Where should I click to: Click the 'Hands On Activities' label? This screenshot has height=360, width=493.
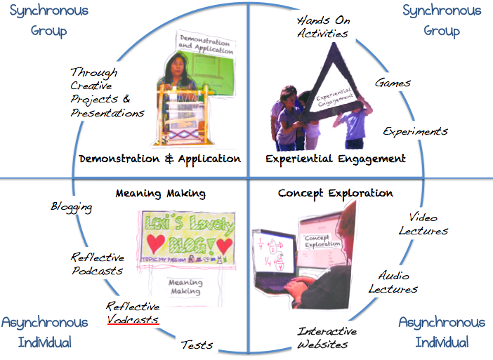point(322,26)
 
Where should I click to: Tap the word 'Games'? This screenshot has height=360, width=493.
point(393,83)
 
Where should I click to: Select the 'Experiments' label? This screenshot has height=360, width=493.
point(415,131)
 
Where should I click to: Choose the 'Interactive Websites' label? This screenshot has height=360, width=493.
point(327,338)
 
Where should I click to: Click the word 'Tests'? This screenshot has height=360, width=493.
point(197,345)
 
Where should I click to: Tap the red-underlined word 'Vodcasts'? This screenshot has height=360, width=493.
point(133,319)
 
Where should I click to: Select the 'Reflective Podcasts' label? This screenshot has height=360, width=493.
point(97,264)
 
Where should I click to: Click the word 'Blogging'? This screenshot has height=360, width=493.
point(71,207)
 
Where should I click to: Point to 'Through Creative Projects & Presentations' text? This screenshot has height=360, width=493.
point(107,92)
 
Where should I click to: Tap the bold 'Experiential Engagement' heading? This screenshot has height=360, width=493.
point(335,159)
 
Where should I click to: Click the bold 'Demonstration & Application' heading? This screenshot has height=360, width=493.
point(160,159)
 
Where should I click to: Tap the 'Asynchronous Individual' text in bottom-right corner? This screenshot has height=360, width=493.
point(441,332)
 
